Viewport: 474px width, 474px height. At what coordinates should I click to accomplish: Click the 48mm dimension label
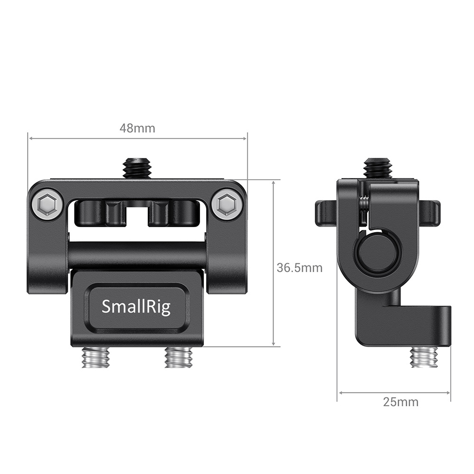point(137,128)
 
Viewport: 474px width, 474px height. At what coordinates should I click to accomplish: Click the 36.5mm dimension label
point(300,268)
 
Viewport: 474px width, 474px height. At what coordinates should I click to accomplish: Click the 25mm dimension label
point(401,402)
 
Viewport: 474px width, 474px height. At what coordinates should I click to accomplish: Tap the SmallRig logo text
point(136,307)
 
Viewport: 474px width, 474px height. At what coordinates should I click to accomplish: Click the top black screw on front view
point(137,168)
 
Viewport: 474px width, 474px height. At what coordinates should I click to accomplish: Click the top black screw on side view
point(378,168)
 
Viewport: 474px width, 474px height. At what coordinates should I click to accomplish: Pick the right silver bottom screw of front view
point(179,356)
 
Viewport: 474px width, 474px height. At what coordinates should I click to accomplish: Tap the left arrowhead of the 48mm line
point(31,138)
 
